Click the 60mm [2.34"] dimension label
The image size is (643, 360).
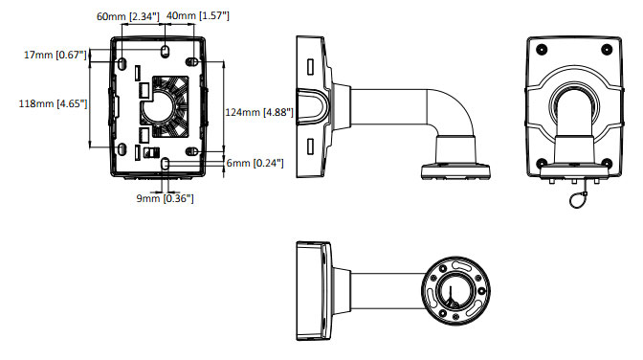click(x=127, y=17)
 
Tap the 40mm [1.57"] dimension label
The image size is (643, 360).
click(x=198, y=16)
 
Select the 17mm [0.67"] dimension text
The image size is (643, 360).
click(x=55, y=55)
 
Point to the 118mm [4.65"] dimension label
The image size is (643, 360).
click(x=53, y=103)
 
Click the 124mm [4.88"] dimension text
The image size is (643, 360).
click(x=259, y=112)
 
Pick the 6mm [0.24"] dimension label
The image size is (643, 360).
click(x=255, y=163)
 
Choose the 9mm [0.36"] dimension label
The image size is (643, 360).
click(x=165, y=199)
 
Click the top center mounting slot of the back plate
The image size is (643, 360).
click(x=165, y=51)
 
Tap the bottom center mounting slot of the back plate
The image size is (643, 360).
click(x=165, y=164)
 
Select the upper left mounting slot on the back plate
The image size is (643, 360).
click(x=122, y=63)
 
